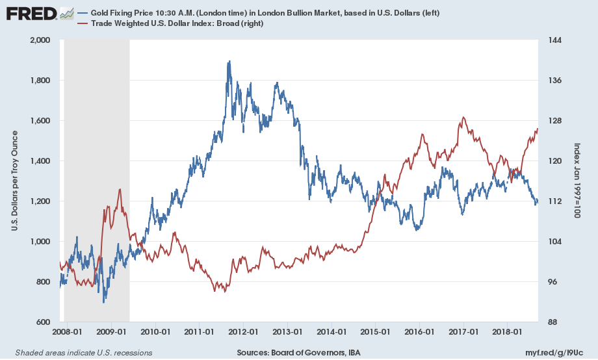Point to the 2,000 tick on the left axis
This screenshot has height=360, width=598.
(x=40, y=40)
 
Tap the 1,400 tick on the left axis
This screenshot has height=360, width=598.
(x=40, y=161)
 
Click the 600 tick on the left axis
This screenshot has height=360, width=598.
(x=44, y=322)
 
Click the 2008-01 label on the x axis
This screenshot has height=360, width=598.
(x=68, y=331)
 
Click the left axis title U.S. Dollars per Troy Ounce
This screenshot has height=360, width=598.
(x=14, y=181)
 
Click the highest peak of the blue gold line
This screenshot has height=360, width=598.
(x=229, y=62)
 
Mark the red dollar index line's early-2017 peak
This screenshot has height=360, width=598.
(x=463, y=118)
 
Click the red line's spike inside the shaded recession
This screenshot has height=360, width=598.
(x=119, y=189)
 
